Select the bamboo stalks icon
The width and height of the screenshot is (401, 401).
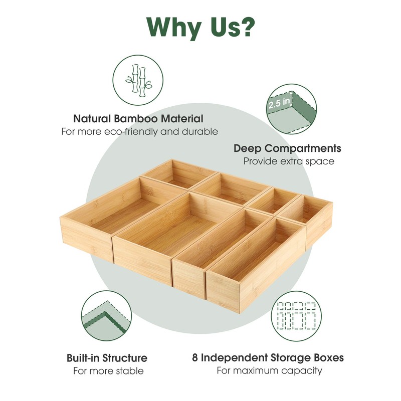(x=138, y=80)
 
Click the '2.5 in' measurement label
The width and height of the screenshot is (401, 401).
(x=280, y=103)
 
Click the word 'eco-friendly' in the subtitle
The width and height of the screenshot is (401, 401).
(x=131, y=132)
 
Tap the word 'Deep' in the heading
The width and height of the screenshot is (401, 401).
(x=245, y=149)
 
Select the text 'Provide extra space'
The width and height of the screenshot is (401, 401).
(x=289, y=161)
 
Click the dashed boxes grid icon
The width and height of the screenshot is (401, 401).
(x=296, y=316)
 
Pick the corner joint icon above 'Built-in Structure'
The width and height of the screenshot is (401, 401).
(x=106, y=316)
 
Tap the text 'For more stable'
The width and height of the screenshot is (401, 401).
(x=108, y=371)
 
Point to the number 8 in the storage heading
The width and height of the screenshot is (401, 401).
(x=195, y=358)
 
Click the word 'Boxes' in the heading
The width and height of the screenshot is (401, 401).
(x=329, y=358)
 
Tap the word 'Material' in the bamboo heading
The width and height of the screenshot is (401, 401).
(x=182, y=119)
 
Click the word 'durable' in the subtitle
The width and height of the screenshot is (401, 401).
(x=200, y=132)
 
